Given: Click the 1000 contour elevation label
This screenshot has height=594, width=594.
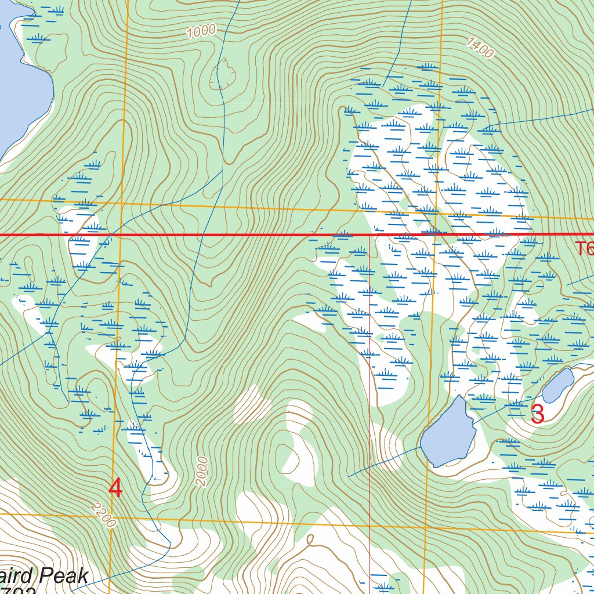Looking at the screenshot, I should (201, 31).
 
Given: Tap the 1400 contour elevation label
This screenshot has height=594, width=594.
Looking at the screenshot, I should (480, 48).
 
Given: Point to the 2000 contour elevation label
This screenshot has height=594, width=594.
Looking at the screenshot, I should (201, 471).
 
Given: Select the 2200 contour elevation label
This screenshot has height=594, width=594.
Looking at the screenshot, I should (103, 514).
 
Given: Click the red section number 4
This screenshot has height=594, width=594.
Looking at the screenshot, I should (115, 488).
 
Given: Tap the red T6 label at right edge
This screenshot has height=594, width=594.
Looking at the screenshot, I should (584, 249).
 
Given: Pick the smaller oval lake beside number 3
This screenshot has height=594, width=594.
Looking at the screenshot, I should (558, 385).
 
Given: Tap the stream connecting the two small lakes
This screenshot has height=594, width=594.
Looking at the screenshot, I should (505, 408).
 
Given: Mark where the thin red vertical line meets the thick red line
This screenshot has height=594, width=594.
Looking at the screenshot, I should (370, 236).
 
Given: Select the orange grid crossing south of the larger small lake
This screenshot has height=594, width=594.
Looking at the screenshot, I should (426, 528).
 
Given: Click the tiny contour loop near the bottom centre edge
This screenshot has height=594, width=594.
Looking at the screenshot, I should (310, 540).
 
